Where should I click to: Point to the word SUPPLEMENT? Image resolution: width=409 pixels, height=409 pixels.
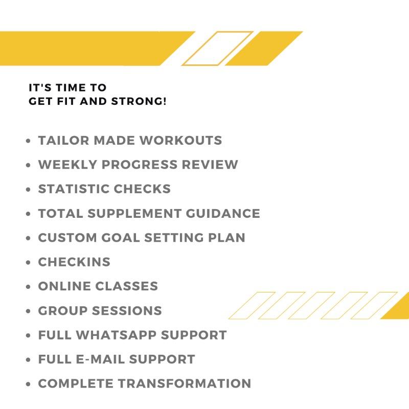coord(134,213)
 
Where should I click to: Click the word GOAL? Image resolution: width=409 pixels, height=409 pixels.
coord(121,238)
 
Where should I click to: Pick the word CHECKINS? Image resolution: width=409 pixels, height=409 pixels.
coord(74,262)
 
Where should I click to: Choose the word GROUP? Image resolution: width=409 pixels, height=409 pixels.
coord(63,311)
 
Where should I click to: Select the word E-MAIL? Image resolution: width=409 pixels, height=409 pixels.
coord(100,359)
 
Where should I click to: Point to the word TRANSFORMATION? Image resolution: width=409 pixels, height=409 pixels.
coord(185,383)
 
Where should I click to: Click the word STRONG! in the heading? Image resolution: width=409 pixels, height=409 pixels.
coord(139,101)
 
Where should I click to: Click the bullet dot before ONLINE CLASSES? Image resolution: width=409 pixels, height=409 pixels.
coord(28,287)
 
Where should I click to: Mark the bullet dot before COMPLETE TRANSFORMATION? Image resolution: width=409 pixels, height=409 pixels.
coord(28,384)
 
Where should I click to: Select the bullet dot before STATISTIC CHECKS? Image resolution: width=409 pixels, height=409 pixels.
coord(28,189)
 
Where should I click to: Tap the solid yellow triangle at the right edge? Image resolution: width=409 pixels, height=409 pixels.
coord(400,310)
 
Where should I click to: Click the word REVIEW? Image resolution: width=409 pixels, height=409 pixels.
coord(210,165)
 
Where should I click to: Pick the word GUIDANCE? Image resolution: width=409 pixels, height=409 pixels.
coord(223,213)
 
